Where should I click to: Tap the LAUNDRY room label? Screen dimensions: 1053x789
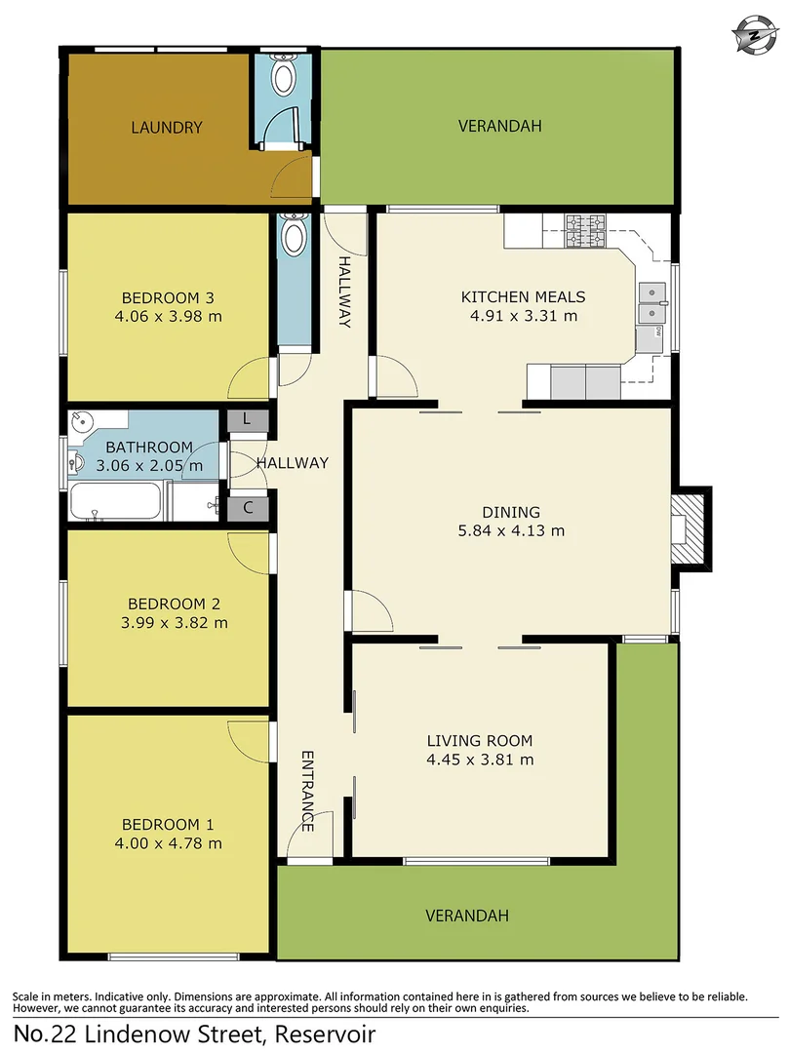pos(167,127)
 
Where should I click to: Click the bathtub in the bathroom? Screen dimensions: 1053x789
pos(116,502)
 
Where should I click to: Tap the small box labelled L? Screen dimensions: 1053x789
pos(247,419)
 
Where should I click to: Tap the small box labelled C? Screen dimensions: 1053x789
pos(247,507)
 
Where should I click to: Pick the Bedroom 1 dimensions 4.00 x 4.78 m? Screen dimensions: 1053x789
pos(167,843)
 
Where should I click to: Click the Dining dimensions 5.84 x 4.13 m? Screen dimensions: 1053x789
pos(511,531)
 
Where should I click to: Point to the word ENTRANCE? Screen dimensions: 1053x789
pos(307,791)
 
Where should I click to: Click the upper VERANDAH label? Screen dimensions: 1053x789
pos(499,126)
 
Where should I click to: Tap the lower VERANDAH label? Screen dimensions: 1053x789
pos(467,916)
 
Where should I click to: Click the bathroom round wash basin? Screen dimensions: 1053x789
pos(83,423)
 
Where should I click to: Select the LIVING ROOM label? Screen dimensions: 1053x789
pos(480,741)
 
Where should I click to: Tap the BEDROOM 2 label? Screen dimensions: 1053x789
pos(167,604)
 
